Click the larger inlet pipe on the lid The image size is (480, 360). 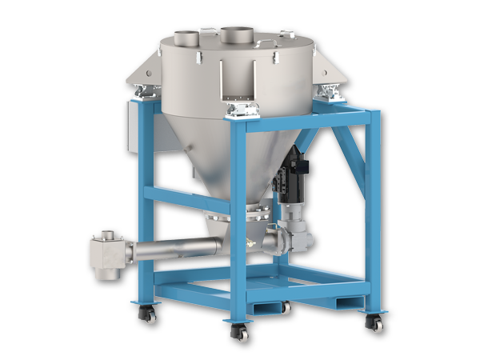237,35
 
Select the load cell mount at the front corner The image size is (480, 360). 241,110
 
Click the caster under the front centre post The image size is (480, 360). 239,331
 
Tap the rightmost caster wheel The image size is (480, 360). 373,322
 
